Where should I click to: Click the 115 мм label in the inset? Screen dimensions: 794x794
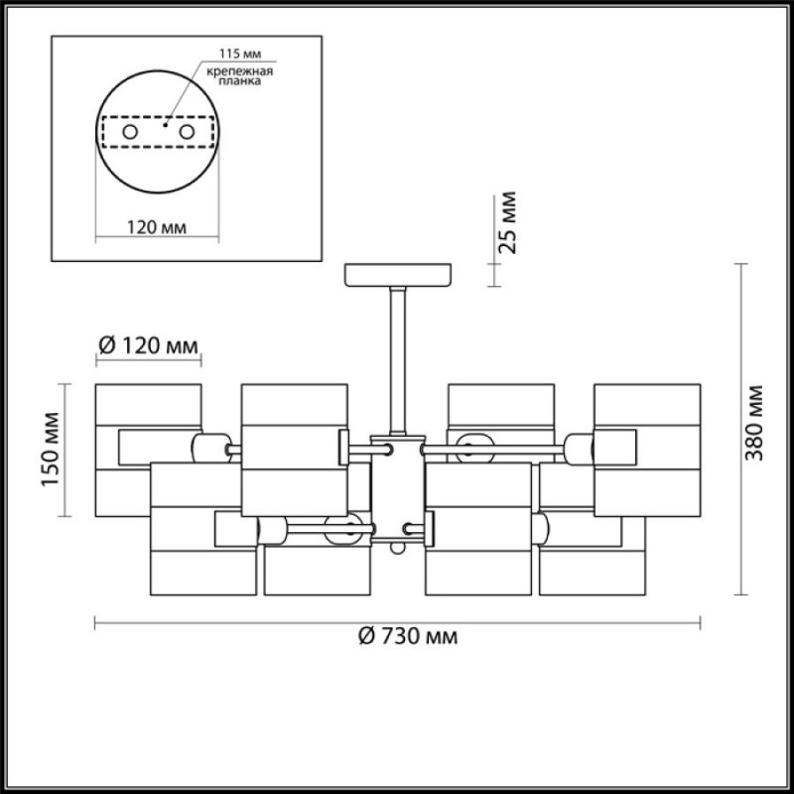click(240, 54)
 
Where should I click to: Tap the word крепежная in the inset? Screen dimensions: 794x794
click(240, 70)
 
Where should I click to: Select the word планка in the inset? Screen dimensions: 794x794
click(240, 81)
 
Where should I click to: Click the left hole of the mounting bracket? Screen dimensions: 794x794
click(130, 132)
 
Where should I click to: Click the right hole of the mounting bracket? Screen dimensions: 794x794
click(187, 132)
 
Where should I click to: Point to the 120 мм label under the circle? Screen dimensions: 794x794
click(157, 227)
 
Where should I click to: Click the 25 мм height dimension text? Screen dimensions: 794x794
click(507, 222)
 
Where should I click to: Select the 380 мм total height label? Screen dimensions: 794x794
click(754, 423)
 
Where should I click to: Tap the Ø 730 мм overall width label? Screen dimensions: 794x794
click(408, 636)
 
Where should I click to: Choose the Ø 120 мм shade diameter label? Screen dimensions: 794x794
click(148, 345)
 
